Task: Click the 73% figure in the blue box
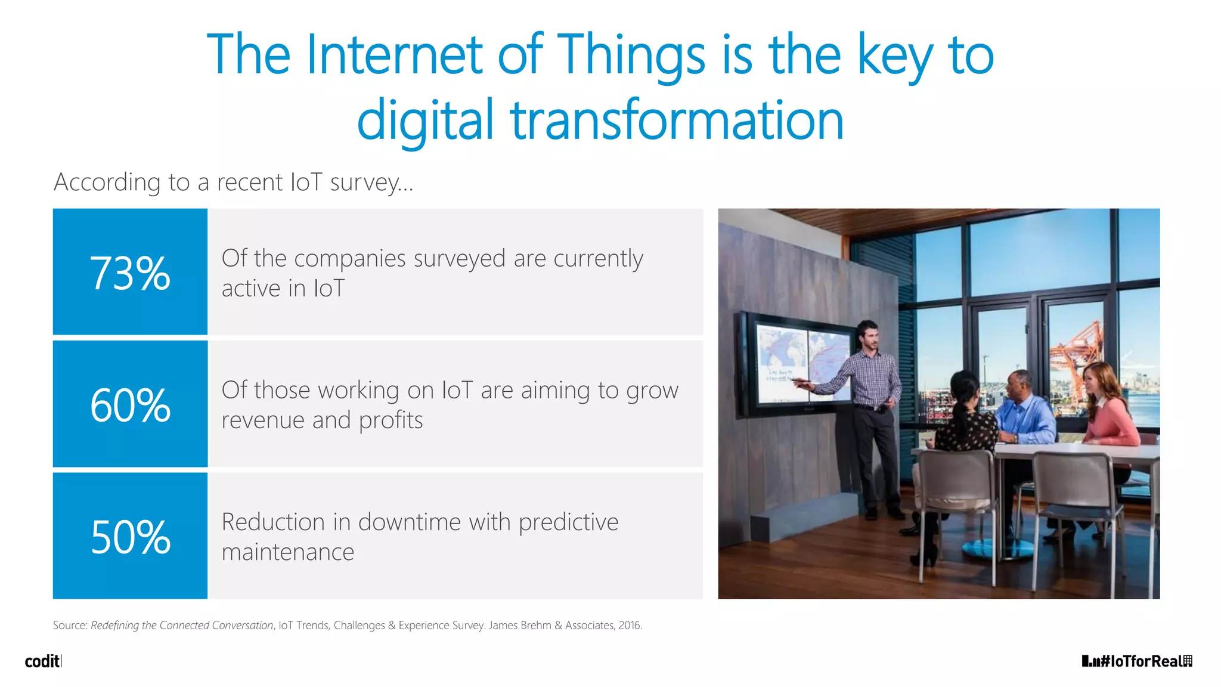click(130, 274)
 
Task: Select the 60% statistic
click(130, 406)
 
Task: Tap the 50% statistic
click(130, 537)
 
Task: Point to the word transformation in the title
click(677, 120)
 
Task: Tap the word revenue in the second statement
click(263, 420)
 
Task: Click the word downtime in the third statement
click(409, 522)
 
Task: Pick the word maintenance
click(288, 552)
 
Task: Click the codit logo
click(42, 661)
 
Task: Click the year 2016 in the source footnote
click(629, 626)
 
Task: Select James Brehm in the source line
click(520, 626)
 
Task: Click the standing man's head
click(868, 335)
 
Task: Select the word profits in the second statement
click(391, 420)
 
